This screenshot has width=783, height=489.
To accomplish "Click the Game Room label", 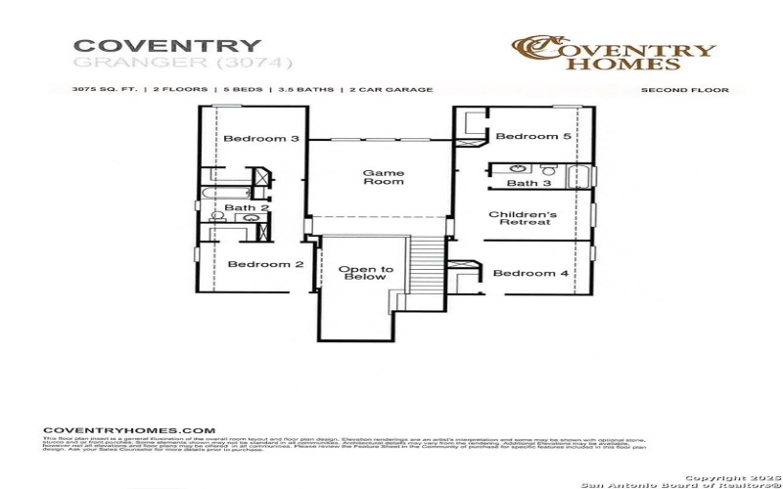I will [383, 177].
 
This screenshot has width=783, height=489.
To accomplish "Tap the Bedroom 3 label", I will [261, 139].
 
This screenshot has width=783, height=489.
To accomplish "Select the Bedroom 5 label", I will [532, 137].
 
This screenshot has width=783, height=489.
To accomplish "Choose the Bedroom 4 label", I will [530, 273].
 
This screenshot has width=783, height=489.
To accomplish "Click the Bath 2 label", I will [247, 207].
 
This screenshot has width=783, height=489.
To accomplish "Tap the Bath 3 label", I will [529, 183].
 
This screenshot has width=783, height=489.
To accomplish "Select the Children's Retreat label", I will [523, 218].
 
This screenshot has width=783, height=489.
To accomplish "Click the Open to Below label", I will [366, 273].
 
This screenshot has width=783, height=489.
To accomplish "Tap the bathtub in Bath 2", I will [213, 193].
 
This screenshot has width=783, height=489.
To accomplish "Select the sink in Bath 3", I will [516, 168].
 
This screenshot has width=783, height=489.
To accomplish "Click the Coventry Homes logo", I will [615, 54].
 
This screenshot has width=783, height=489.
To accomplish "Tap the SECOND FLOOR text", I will [684, 90].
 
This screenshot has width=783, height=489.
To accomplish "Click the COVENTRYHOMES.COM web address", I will [129, 430].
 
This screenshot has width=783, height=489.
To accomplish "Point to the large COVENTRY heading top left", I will [167, 46].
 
